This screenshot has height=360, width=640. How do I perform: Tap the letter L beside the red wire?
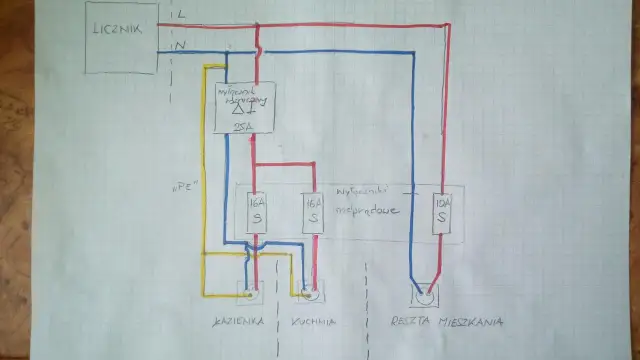(x=180, y=14)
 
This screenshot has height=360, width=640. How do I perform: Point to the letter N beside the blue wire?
(x=180, y=45)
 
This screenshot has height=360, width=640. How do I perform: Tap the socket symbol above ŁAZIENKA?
(x=247, y=294)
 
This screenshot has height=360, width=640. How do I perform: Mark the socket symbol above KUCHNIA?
(x=311, y=294)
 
